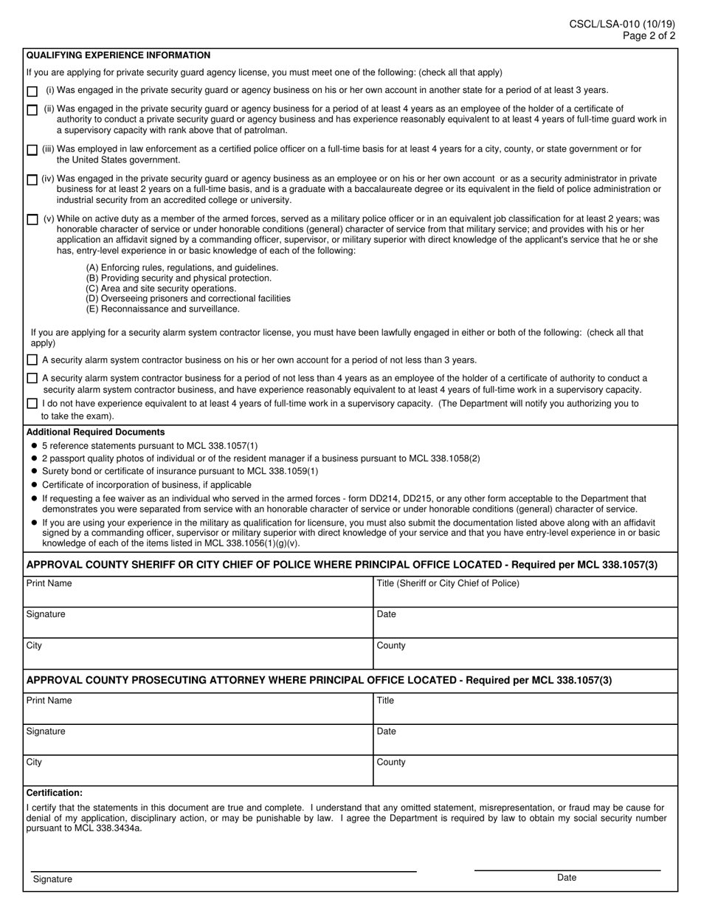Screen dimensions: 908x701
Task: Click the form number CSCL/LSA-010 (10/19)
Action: (621, 24)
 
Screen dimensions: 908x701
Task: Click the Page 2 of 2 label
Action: (648, 35)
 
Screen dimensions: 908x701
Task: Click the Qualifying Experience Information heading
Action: (118, 55)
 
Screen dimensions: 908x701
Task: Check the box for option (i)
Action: (32, 92)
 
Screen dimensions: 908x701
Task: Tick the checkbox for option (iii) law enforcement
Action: (32, 150)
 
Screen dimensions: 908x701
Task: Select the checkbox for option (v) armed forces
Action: (32, 220)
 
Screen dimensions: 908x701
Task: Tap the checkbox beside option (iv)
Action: (32, 180)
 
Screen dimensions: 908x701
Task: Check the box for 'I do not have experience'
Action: (32, 404)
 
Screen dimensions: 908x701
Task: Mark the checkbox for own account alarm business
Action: (32, 360)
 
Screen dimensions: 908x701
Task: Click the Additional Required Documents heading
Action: (95, 432)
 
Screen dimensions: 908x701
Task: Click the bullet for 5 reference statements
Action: (35, 447)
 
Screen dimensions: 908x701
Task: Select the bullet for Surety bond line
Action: (35, 472)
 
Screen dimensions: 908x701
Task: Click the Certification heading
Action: (54, 793)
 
